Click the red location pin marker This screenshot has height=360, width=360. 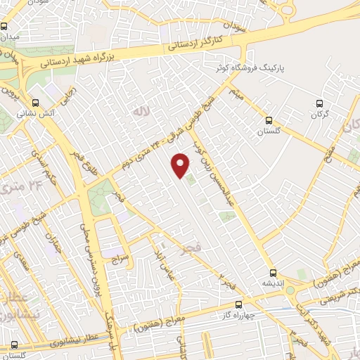pyautogui.click(x=181, y=165)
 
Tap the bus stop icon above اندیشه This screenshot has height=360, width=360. pyautogui.click(x=271, y=273)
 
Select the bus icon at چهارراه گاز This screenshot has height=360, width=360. pyautogui.click(x=239, y=305)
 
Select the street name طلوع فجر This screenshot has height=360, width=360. pyautogui.click(x=79, y=166)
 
